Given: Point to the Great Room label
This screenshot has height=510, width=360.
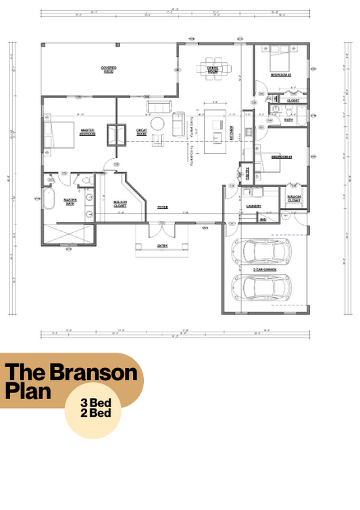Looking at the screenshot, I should (142, 132).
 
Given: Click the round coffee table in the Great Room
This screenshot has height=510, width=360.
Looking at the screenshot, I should (157, 124).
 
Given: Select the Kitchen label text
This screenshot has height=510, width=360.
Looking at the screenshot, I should (232, 132).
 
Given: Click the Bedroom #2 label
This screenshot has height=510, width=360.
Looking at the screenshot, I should (280, 76).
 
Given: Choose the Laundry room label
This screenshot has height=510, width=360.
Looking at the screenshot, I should (254, 205).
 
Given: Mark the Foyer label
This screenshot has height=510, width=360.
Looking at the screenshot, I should (163, 207).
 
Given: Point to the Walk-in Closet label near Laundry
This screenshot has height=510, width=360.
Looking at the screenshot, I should (294, 199).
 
